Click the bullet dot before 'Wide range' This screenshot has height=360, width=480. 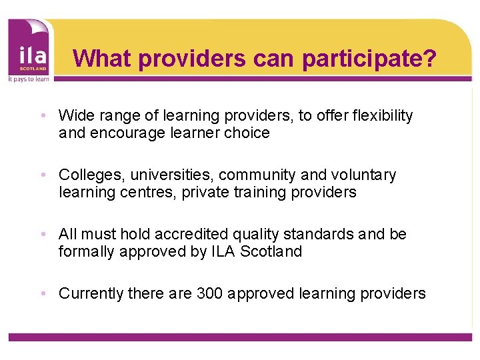point(43,116)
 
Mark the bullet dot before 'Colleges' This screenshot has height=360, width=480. point(43,175)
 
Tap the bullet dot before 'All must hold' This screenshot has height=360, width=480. point(43,235)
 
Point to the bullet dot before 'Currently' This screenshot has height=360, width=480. point(43,293)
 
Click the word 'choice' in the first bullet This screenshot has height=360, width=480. point(247,133)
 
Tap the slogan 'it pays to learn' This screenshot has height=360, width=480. point(27,79)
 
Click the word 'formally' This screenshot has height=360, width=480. point(85,252)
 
